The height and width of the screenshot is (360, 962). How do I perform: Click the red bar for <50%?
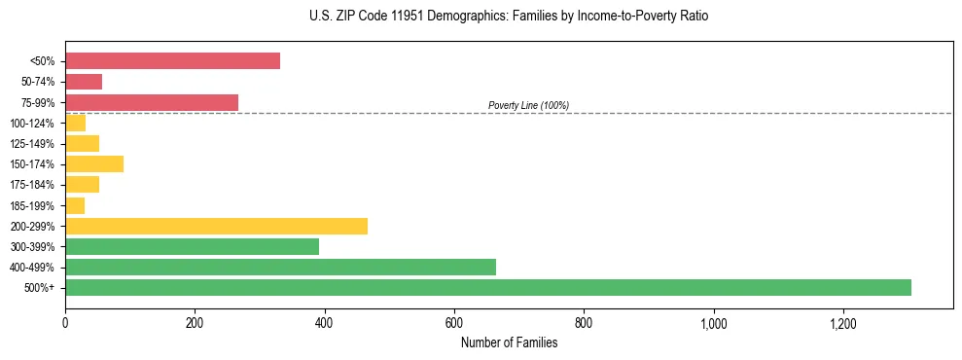172,61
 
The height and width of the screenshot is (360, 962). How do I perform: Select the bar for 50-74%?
84,82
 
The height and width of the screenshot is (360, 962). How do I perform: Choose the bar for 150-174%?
94,163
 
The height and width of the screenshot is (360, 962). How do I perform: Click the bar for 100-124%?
75,123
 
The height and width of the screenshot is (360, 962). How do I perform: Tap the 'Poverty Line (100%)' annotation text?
528,105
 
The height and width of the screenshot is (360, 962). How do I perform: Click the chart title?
481,17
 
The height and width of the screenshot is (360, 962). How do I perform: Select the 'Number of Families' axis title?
509,342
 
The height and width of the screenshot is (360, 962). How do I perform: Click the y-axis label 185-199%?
32,205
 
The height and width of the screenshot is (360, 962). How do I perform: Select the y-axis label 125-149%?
32,144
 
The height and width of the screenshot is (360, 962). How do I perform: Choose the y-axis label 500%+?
40,288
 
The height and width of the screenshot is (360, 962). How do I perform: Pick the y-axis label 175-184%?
32,185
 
